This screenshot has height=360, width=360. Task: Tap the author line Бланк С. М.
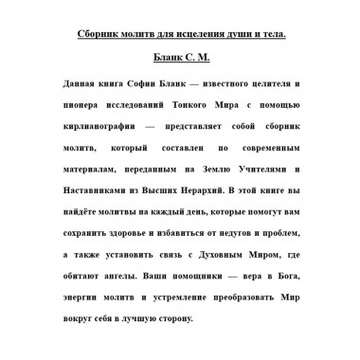pos(180,60)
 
